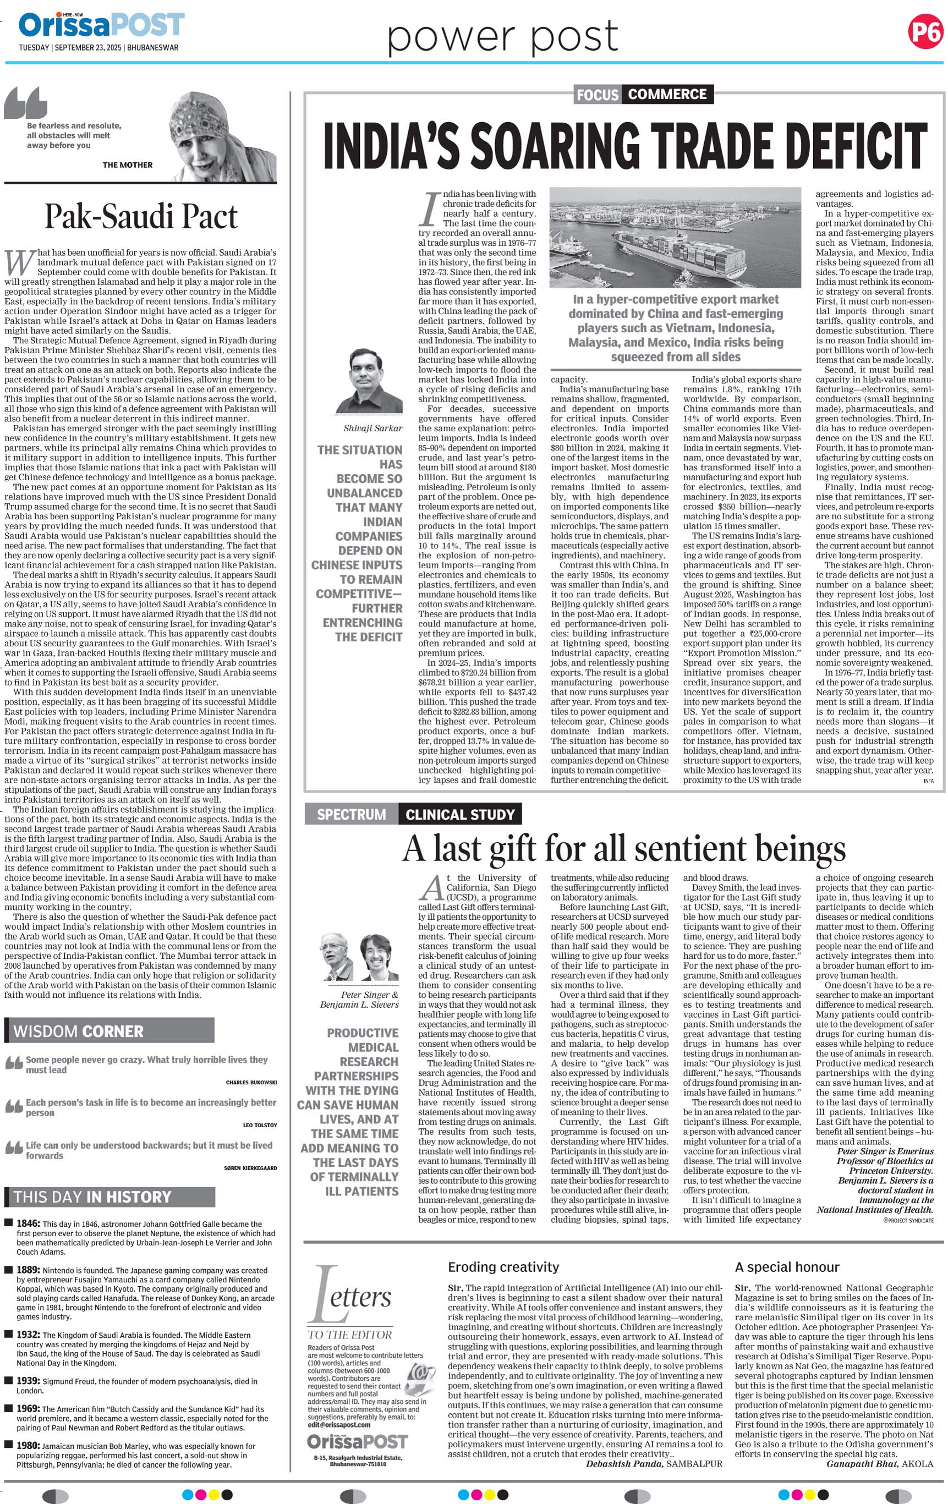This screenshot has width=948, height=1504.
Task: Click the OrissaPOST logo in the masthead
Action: coord(102,26)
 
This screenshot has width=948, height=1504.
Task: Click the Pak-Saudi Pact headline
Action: coord(141,217)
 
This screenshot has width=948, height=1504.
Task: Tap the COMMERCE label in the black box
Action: coord(667,94)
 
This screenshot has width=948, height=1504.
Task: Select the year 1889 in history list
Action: coord(28,1270)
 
